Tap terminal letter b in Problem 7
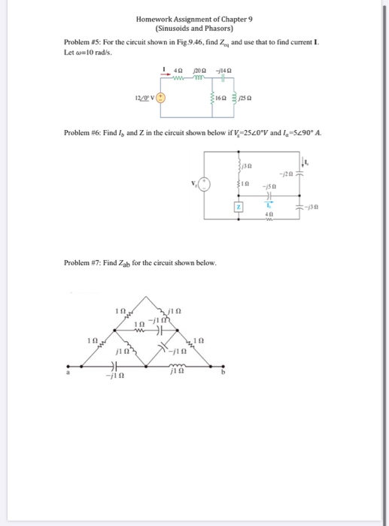(223, 370)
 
